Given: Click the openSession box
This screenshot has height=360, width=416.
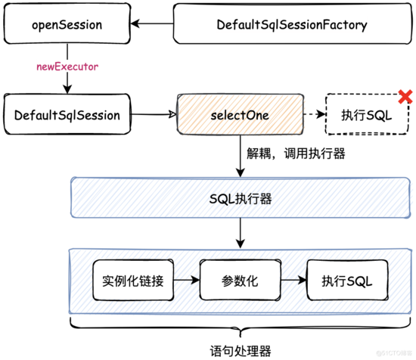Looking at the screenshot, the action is click(67, 23).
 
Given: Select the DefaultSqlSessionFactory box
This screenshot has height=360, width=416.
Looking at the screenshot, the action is click(293, 23).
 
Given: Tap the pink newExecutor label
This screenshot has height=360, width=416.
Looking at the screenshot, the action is click(67, 67).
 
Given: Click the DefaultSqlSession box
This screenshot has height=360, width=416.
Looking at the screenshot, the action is click(67, 114).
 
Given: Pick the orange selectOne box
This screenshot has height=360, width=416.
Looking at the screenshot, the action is click(240, 114).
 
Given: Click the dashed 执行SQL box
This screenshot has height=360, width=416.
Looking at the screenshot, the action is click(367, 114).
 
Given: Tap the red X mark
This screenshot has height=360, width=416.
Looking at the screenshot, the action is click(405, 97).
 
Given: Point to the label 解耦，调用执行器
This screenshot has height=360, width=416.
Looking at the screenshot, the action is click(296, 154).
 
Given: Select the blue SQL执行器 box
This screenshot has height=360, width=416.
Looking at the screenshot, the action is click(241, 197).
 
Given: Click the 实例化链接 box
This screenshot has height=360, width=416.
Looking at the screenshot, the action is click(133, 280).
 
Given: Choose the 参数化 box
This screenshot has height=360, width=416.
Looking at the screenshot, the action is click(240, 280).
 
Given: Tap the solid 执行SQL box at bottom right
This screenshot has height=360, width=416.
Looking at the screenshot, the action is click(347, 280).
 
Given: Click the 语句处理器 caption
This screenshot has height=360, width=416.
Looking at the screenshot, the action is click(241, 351).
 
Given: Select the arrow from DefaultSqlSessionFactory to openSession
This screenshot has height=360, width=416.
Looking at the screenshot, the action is click(152, 23).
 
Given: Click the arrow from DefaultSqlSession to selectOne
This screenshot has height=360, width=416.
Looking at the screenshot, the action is click(154, 114).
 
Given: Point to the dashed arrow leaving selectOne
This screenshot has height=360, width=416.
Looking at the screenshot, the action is click(315, 114).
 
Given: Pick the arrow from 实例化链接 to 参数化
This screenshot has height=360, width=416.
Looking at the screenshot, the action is click(187, 280).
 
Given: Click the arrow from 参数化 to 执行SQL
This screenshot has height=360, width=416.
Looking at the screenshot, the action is click(293, 280).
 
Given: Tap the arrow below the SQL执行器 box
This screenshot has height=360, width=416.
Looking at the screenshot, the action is click(241, 233).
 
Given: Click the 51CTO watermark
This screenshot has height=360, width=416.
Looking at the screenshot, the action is click(395, 353).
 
